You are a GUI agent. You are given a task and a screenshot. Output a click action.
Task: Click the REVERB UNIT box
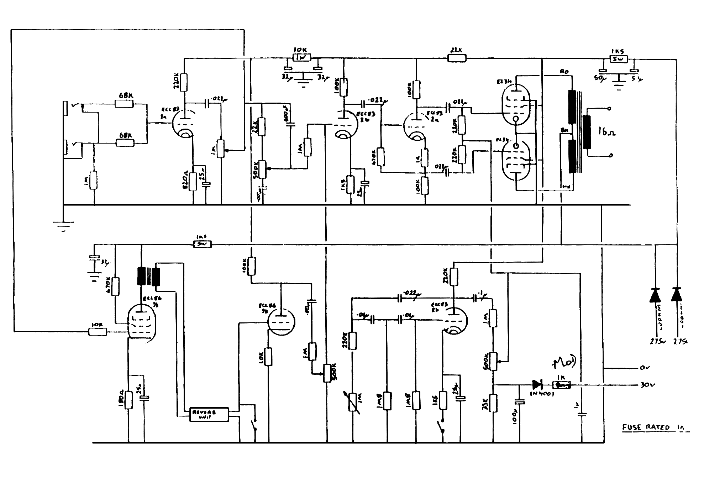click(x=209, y=414)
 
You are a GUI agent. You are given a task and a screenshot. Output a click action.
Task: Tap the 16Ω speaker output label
click(x=607, y=133)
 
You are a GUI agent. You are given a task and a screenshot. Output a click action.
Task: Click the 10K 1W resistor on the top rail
click(x=301, y=57)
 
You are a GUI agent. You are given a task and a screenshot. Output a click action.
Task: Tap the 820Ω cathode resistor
click(x=193, y=182)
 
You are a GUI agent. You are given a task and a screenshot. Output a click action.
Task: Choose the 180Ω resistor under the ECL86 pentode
click(x=129, y=400)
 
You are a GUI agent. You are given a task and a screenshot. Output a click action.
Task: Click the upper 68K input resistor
click(x=124, y=104)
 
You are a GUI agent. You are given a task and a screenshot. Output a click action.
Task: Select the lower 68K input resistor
click(x=125, y=143)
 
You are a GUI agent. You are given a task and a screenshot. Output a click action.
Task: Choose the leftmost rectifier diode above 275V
click(x=655, y=295)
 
